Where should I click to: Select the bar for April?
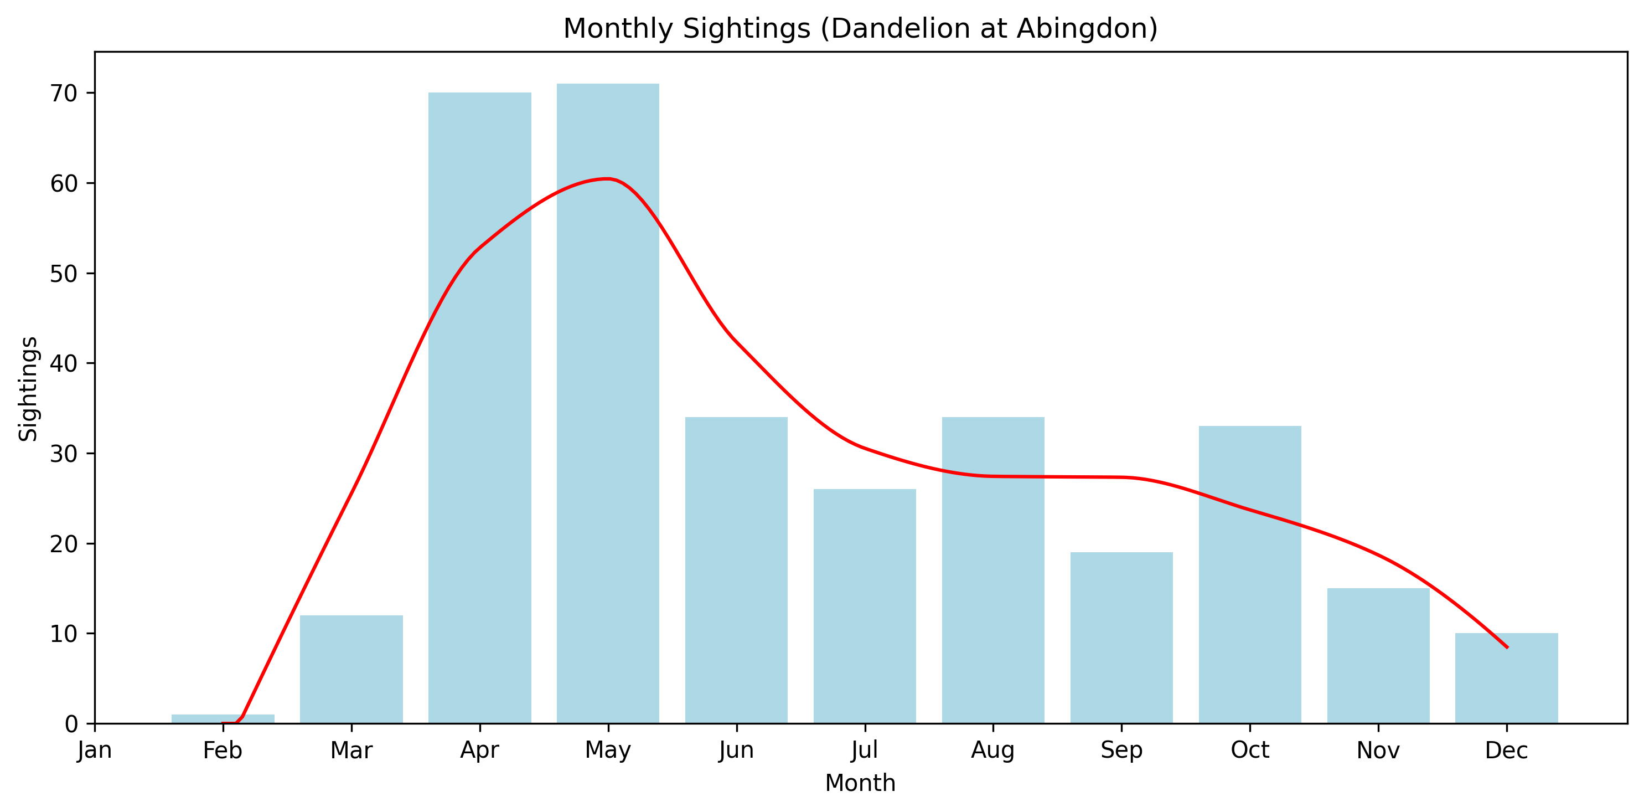click(479, 409)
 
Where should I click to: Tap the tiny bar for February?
click(223, 719)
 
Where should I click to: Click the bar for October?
click(1249, 574)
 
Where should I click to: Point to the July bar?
click(865, 607)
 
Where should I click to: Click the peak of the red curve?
click(608, 179)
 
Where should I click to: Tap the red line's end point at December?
click(1507, 647)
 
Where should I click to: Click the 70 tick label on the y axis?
click(63, 94)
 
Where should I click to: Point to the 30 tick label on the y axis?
click(63, 454)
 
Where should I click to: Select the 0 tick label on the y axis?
click(71, 724)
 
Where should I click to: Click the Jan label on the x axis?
click(95, 751)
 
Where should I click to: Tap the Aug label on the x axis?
click(992, 751)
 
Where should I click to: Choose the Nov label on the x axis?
click(1378, 751)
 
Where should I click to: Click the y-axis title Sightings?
click(28, 388)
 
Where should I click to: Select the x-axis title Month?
click(860, 783)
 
